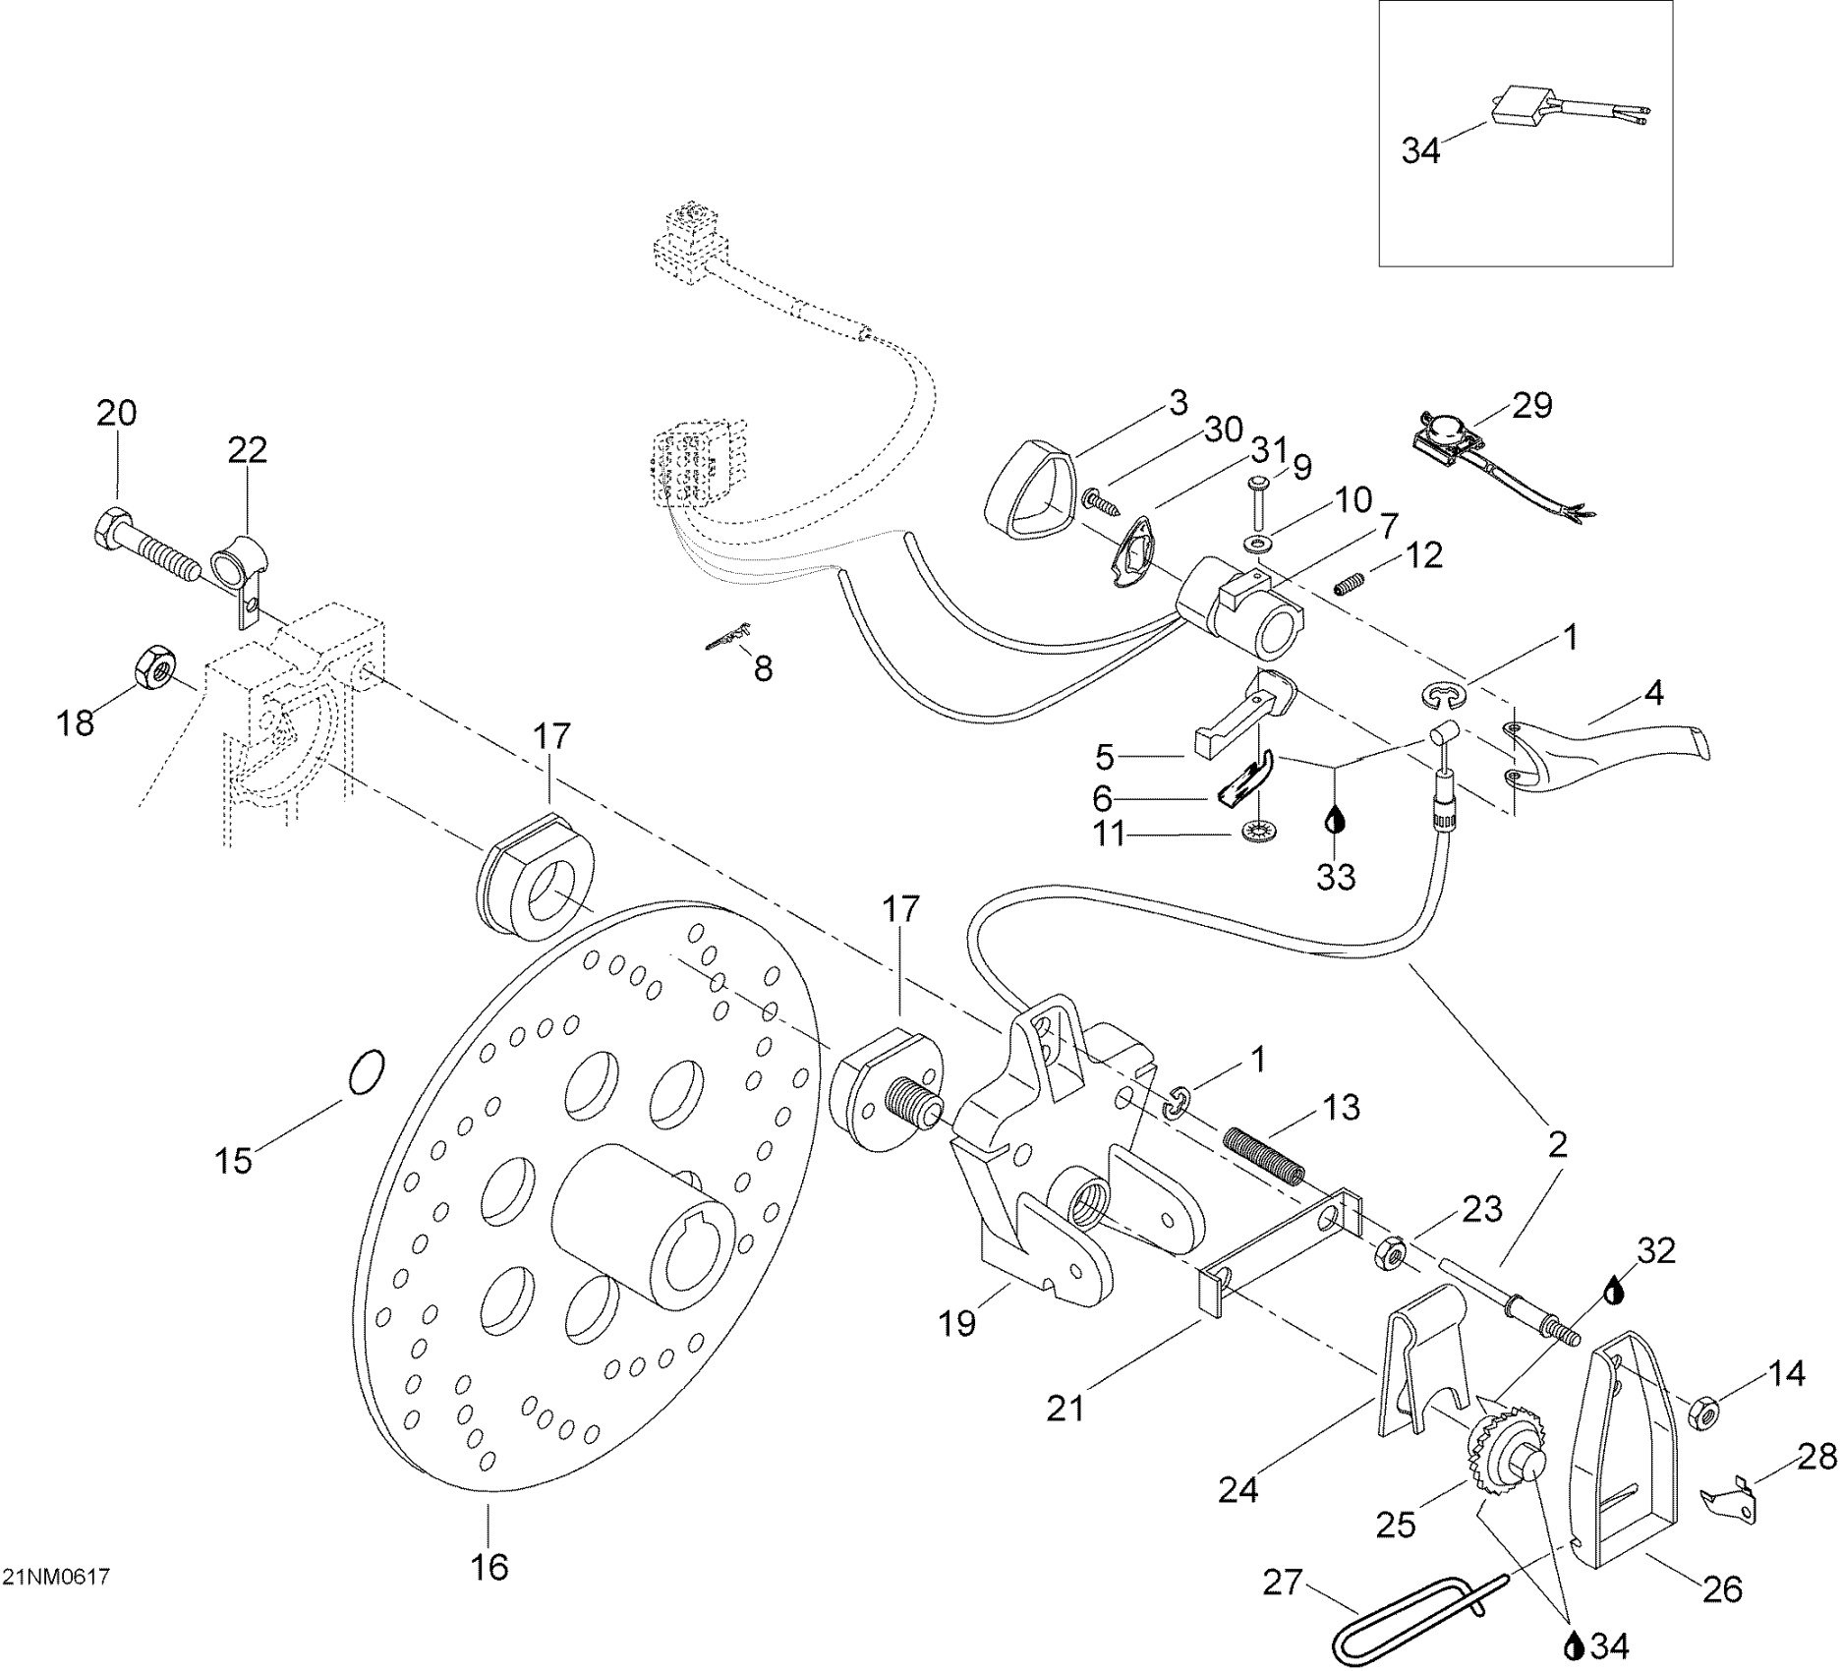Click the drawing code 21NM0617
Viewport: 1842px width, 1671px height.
coord(56,1577)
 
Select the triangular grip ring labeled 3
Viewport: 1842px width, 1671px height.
coord(1030,491)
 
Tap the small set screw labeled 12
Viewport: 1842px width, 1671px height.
coord(1352,587)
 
